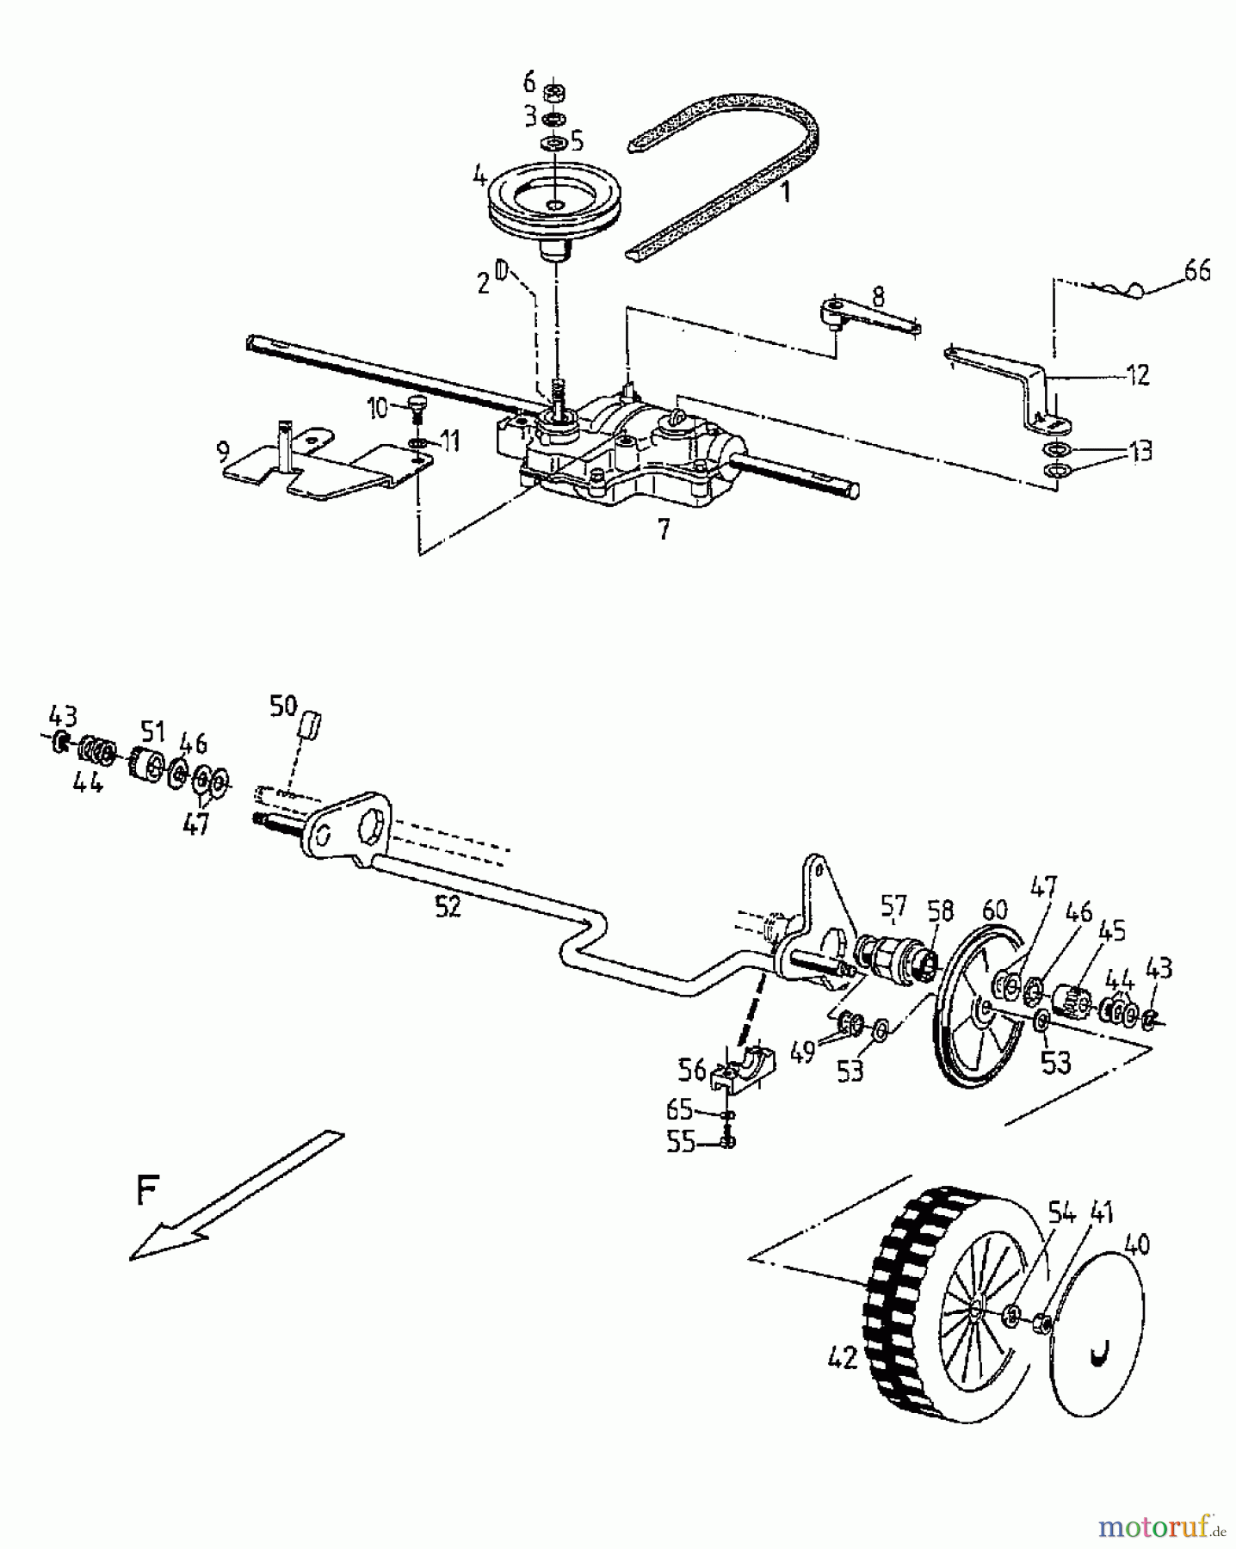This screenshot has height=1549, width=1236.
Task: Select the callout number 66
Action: coord(1196,271)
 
